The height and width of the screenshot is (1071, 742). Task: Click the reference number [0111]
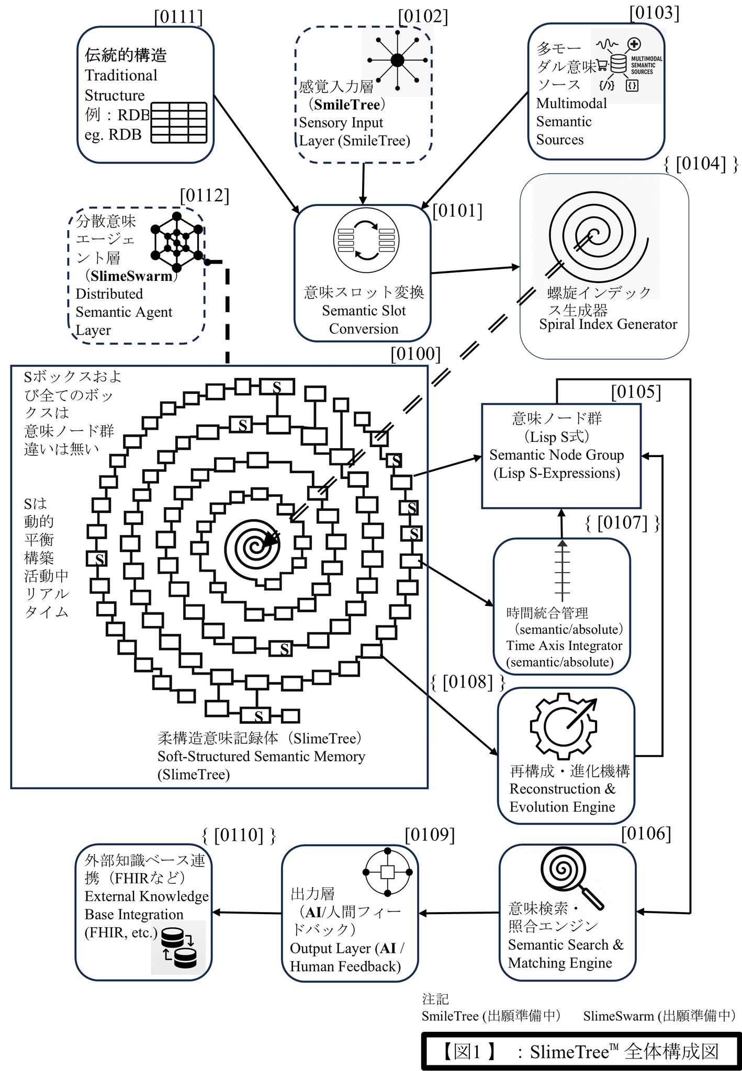(178, 17)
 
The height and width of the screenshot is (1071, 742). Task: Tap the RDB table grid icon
(179, 123)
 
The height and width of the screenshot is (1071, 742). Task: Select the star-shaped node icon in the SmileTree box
(397, 61)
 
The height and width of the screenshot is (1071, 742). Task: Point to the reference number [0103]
(654, 13)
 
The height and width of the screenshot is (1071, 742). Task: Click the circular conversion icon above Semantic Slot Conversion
(366, 241)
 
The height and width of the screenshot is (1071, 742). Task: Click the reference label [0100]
(415, 354)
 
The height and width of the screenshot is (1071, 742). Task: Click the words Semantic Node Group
(556, 455)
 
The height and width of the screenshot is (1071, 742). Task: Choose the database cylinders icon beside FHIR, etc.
(179, 948)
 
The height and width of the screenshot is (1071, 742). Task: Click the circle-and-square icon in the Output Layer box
(387, 872)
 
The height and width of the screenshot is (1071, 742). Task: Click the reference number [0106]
(646, 834)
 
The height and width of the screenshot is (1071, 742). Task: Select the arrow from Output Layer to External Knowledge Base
(246, 913)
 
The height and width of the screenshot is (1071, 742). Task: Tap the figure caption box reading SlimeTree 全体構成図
(581, 1051)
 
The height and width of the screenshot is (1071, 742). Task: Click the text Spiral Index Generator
(608, 324)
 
